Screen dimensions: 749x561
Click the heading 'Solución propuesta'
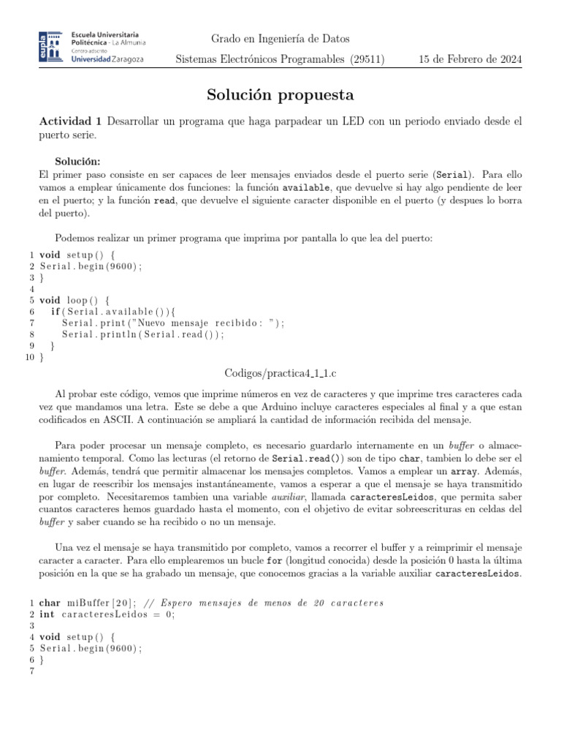point(280,94)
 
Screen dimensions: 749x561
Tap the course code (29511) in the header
point(367,60)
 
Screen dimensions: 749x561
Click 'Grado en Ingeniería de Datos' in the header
point(280,38)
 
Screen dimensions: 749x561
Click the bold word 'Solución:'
point(77,161)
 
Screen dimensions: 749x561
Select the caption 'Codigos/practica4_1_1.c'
point(280,373)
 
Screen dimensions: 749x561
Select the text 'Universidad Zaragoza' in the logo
point(107,59)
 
